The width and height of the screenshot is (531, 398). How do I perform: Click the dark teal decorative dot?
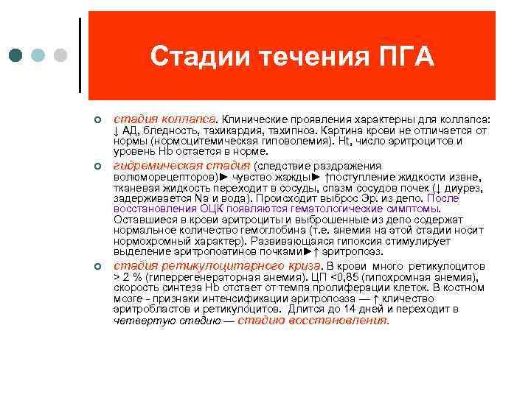pyautogui.click(x=17, y=56)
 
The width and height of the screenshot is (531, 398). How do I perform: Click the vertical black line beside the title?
pyautogui.click(x=79, y=55)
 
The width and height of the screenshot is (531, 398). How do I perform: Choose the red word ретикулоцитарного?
pyautogui.click(x=232, y=265)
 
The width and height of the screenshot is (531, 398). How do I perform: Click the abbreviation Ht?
pyautogui.click(x=343, y=140)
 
